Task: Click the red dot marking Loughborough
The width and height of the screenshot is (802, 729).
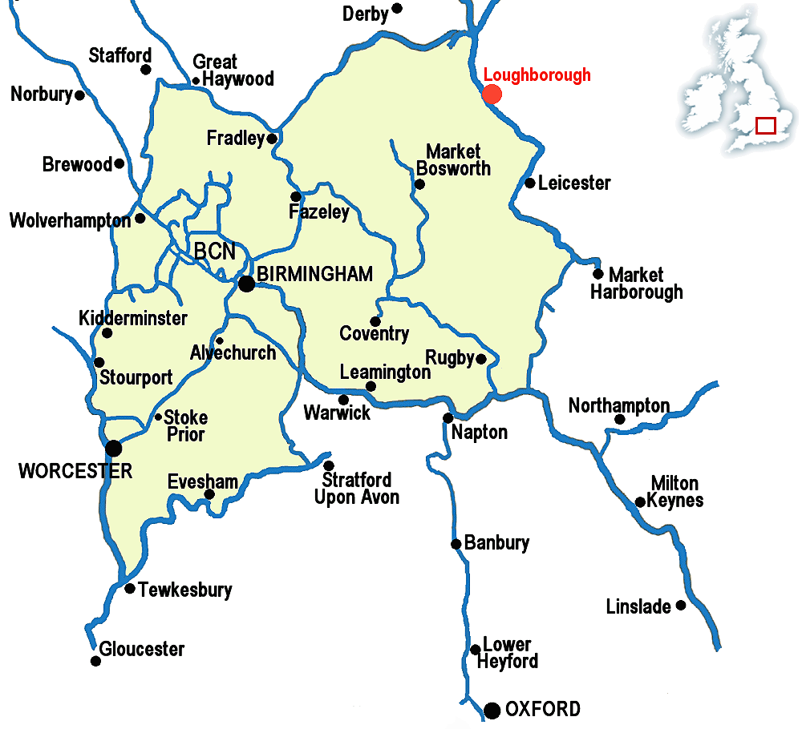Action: [492, 94]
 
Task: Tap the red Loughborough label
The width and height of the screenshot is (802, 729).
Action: [537, 75]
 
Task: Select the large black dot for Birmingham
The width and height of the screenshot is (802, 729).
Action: [247, 283]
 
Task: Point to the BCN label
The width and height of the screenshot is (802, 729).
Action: [215, 252]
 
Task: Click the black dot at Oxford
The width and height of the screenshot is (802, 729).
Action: [492, 710]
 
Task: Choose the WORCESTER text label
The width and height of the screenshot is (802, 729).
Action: [75, 471]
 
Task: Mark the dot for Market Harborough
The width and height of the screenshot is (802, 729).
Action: [597, 274]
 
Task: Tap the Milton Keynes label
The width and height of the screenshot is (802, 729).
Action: [677, 492]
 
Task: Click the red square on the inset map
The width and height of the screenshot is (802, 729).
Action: [766, 126]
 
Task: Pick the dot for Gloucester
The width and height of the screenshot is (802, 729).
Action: [95, 661]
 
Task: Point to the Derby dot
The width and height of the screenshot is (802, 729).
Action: [397, 9]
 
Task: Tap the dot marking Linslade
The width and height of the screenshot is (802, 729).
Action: [681, 605]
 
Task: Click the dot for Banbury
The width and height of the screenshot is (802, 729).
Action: [456, 544]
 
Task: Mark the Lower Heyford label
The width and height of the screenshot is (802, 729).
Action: [507, 653]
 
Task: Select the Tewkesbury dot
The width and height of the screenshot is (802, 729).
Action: [130, 588]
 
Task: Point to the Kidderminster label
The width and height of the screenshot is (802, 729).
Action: [133, 319]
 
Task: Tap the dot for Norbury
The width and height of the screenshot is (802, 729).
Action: [79, 95]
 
